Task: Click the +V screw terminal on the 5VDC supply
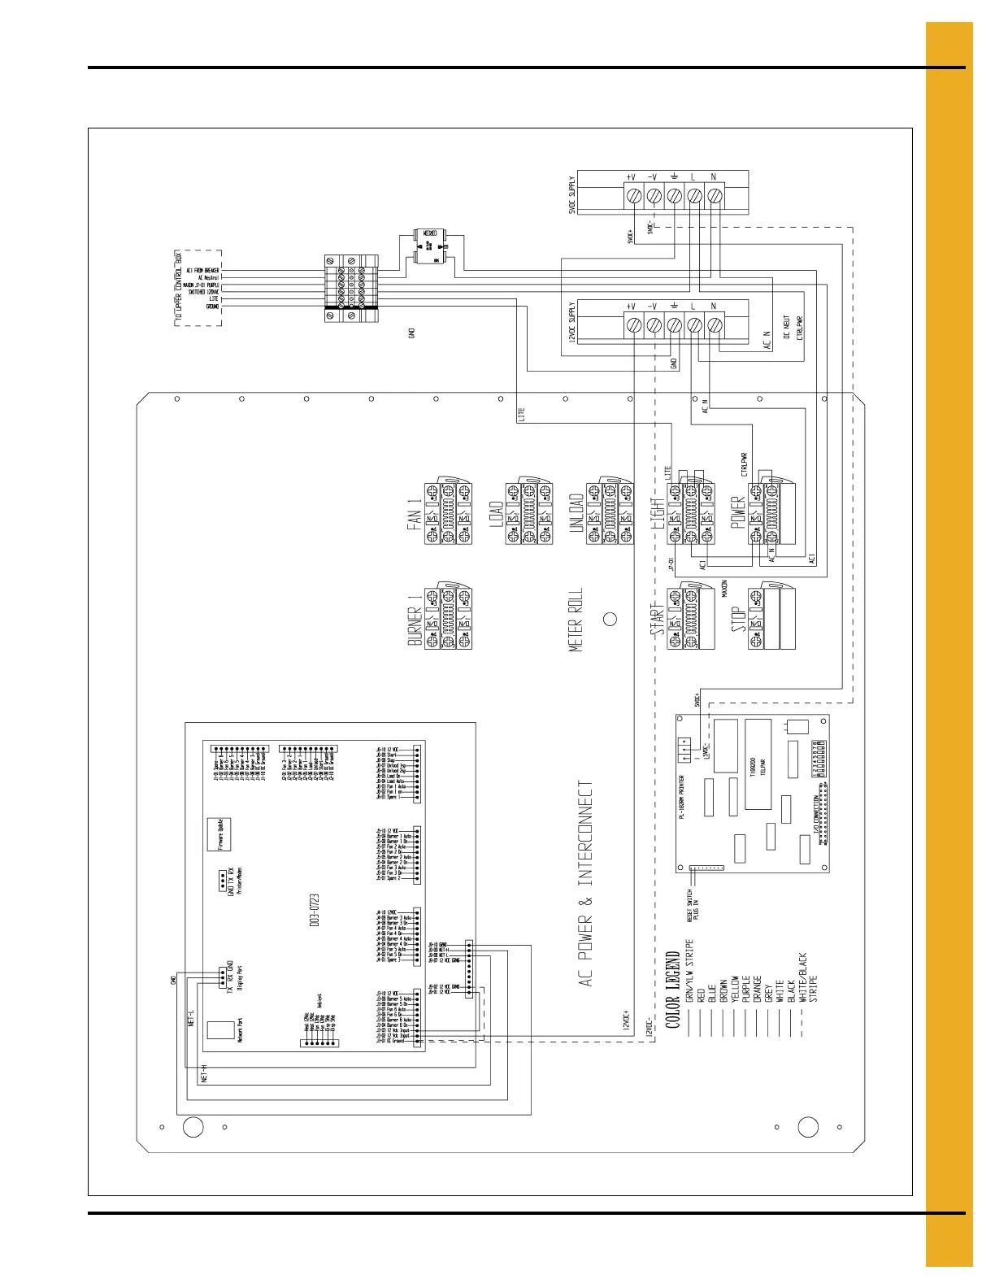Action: [x=633, y=196]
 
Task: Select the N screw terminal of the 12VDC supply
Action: [x=715, y=325]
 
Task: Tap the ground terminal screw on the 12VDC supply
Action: [x=674, y=325]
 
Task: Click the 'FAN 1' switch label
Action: [x=415, y=514]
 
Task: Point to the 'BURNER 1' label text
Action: [x=415, y=618]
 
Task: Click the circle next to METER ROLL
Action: [x=610, y=618]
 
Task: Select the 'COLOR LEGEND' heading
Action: [x=673, y=990]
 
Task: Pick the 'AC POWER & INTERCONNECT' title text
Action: [x=585, y=884]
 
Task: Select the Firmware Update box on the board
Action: [x=219, y=834]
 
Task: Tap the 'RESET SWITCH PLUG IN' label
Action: [x=693, y=903]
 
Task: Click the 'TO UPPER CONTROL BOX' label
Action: [x=179, y=289]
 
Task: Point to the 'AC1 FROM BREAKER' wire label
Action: [x=202, y=270]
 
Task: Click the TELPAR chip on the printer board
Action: [x=758, y=764]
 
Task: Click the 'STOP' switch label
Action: [x=738, y=618]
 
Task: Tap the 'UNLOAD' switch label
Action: [x=576, y=514]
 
